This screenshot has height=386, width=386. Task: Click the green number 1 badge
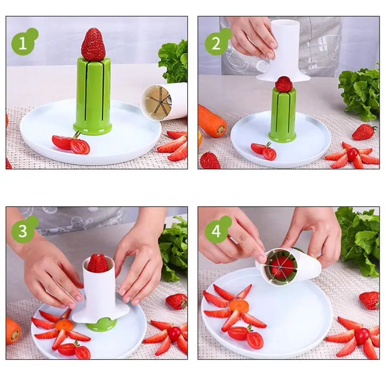[23, 43]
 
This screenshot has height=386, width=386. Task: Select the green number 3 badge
[23, 231]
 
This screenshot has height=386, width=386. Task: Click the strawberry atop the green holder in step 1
[93, 45]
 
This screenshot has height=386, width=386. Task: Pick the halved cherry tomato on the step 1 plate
[71, 144]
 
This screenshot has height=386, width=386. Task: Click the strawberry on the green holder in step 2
[284, 84]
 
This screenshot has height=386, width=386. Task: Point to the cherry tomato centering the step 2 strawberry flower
[353, 154]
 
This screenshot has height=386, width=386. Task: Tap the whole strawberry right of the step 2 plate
[364, 132]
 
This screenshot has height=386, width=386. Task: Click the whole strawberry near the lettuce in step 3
[176, 301]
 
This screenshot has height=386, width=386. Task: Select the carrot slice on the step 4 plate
[239, 306]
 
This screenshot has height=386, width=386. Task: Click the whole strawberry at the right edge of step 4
[369, 300]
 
